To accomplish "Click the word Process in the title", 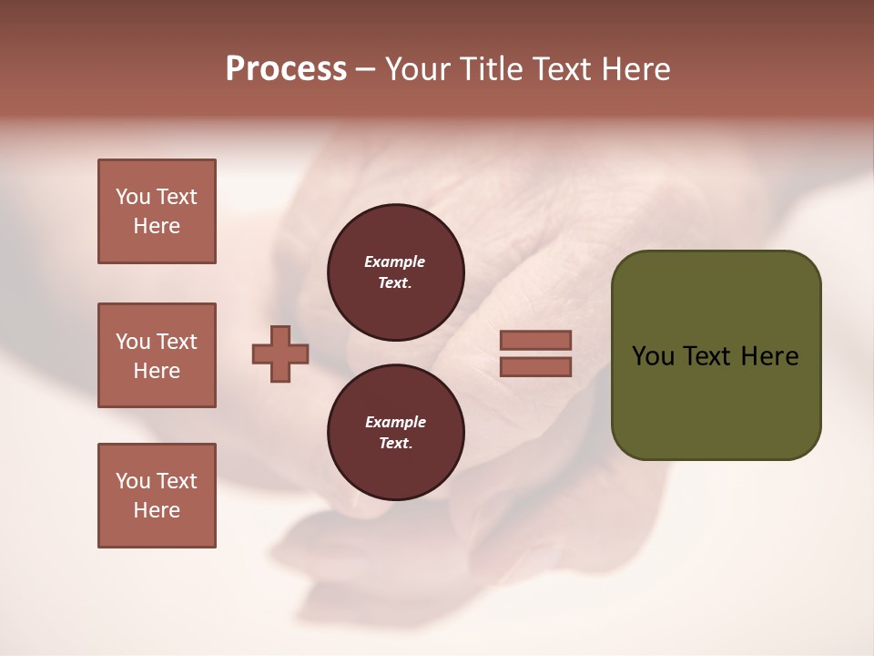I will click(x=286, y=69).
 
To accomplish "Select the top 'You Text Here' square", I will click(x=157, y=211).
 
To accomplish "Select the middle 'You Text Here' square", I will click(x=157, y=355).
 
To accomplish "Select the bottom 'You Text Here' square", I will click(x=157, y=496).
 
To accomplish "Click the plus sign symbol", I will click(x=280, y=354).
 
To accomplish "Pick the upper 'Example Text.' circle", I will click(x=395, y=272).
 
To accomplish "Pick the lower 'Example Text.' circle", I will click(x=395, y=433).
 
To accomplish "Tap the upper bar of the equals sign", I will click(x=535, y=341).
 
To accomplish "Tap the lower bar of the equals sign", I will click(x=535, y=367).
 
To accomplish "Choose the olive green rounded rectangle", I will click(x=716, y=401).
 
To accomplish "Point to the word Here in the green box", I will click(x=769, y=356).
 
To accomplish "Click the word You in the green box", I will click(x=653, y=356).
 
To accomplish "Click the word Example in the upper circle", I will click(x=395, y=261).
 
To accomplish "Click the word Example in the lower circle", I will click(x=395, y=422).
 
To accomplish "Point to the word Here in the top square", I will click(x=157, y=226).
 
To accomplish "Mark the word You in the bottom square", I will click(x=132, y=481).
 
